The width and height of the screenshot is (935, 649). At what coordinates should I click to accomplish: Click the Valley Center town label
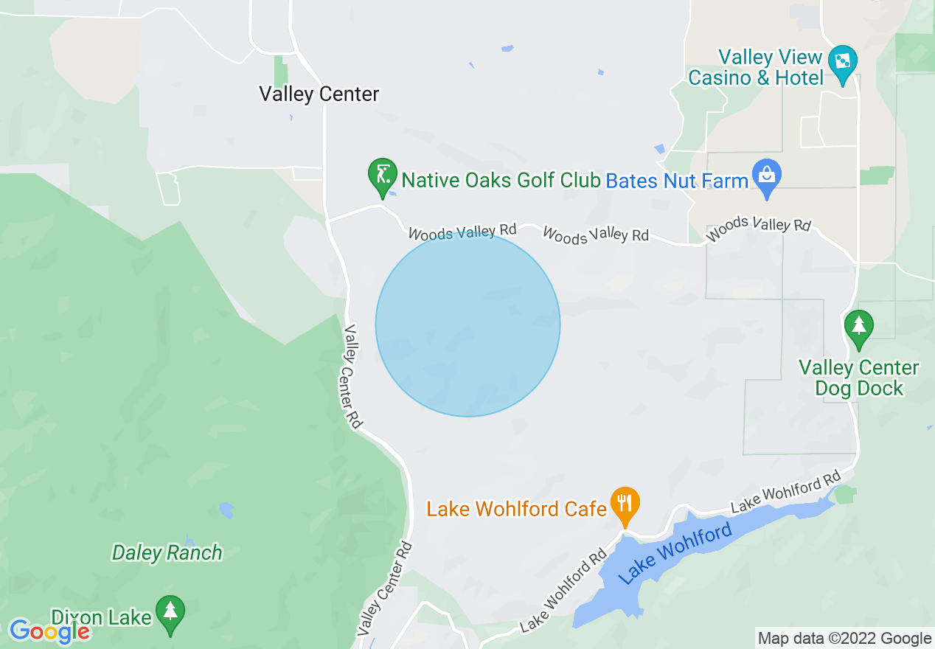319,94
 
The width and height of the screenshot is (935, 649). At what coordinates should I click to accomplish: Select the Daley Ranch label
167,552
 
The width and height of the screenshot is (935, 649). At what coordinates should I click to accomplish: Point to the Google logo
49,631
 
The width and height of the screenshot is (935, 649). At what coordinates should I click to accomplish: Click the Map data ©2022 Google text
845,639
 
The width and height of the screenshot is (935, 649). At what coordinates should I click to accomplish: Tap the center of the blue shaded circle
467,324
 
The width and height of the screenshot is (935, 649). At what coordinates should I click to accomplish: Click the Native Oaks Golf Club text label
501,180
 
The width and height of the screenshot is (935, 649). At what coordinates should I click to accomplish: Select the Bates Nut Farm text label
677,181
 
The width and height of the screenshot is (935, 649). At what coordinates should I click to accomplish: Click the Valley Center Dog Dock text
859,378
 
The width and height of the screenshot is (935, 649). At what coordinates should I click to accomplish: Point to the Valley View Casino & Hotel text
755,67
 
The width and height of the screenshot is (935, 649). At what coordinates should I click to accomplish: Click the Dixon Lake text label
102,617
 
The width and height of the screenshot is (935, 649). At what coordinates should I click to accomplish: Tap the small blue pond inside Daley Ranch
226,510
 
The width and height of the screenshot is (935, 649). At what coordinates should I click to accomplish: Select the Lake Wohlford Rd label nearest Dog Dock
786,492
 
